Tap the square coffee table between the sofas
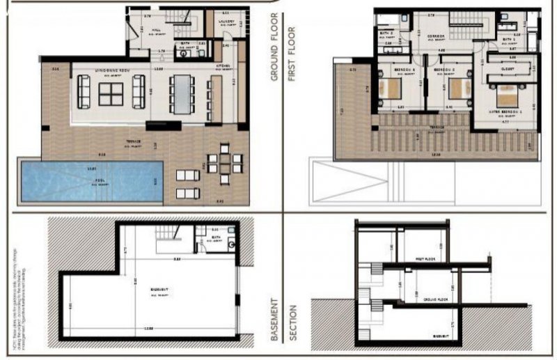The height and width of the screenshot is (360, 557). [x=111, y=93]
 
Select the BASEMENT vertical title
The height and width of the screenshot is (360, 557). [x=274, y=320]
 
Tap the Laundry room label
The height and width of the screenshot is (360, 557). [x=222, y=21]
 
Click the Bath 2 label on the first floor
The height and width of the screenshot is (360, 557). [x=387, y=33]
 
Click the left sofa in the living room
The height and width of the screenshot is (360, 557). [x=84, y=91]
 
